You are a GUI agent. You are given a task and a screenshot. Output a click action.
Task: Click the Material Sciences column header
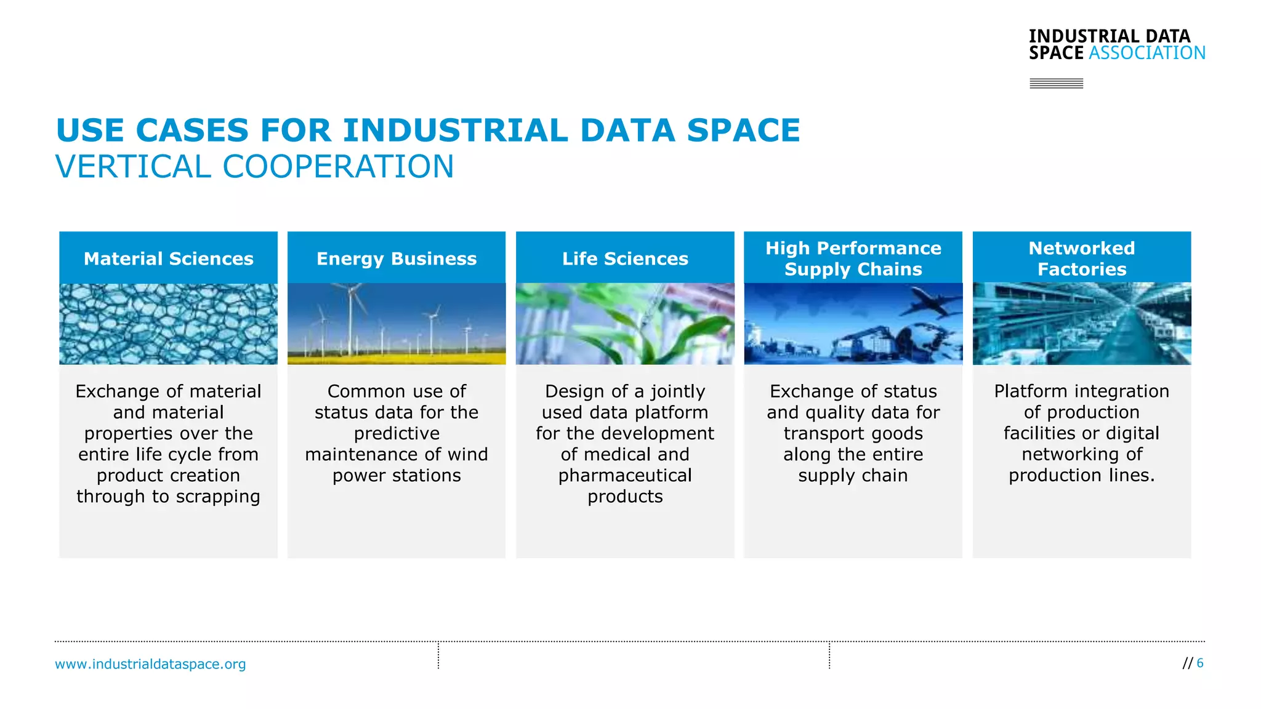tap(168, 258)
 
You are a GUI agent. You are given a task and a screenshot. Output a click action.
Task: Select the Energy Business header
tap(397, 258)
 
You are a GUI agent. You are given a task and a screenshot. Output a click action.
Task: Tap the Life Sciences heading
tap(625, 258)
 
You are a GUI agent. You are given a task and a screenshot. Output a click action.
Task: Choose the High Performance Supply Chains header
tap(853, 258)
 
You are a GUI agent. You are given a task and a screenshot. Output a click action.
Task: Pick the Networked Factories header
tap(1082, 258)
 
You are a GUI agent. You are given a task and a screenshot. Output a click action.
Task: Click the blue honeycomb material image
tap(168, 324)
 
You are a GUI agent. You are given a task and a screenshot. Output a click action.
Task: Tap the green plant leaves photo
tap(625, 324)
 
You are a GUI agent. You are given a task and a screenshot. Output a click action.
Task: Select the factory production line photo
tap(1082, 324)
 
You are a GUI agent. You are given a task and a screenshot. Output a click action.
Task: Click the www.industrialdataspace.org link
tap(150, 664)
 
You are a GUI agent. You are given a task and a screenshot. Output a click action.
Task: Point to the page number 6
tap(1199, 663)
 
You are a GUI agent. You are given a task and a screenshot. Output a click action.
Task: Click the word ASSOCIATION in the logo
tap(1146, 53)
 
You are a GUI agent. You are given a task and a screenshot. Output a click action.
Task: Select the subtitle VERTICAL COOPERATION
tap(255, 167)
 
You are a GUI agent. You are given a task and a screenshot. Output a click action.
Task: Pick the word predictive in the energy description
tap(397, 433)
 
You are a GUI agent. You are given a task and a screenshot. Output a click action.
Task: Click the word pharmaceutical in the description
tap(625, 476)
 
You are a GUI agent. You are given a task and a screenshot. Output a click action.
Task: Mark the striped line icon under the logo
tap(1056, 83)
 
